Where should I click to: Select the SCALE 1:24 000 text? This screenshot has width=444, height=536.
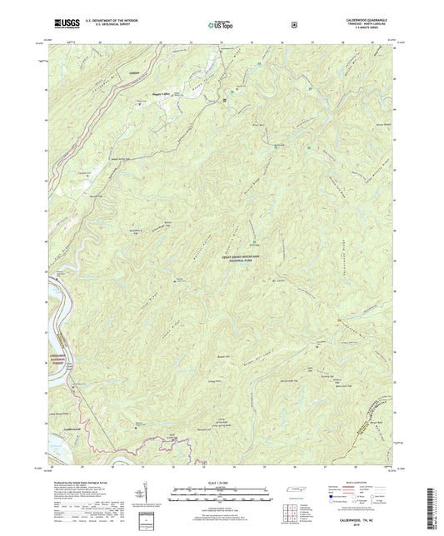click(x=219, y=482)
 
